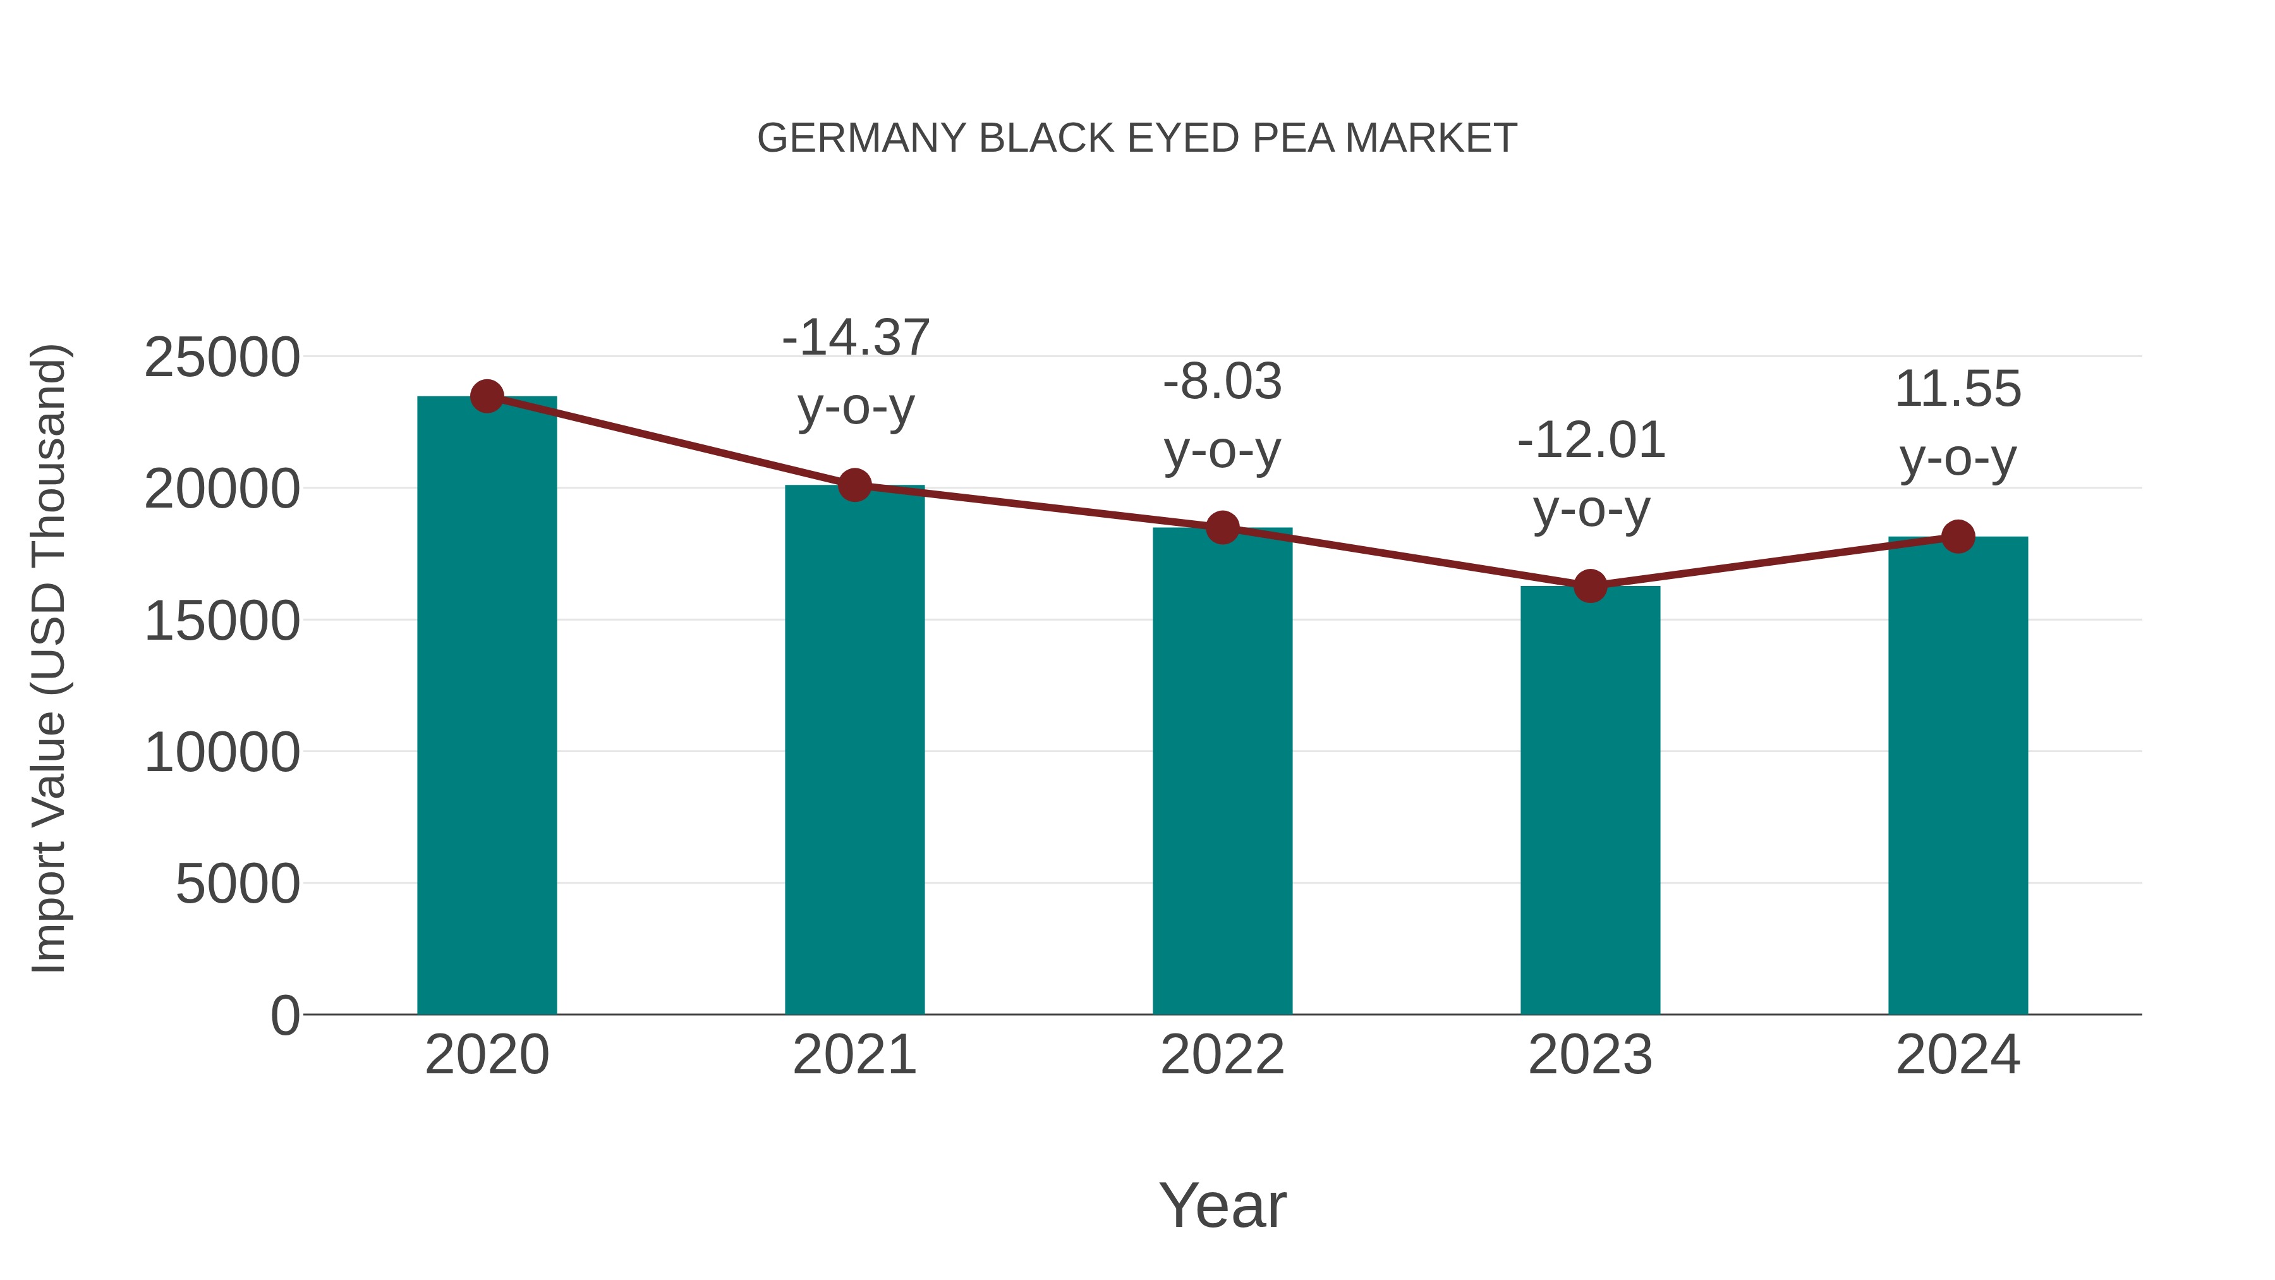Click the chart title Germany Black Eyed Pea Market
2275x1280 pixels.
1137,138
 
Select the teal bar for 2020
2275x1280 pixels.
487,707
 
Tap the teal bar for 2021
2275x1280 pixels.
854,751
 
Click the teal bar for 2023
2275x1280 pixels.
1590,800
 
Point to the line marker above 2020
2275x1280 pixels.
487,396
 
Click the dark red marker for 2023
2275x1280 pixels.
1590,586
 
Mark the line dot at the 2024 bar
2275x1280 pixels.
1958,536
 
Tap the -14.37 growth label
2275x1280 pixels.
856,338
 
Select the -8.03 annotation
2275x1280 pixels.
1222,382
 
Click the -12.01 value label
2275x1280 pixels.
1591,441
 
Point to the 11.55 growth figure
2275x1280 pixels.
1958,389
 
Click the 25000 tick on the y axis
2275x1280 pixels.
222,358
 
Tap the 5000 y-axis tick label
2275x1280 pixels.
238,884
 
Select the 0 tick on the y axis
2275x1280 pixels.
285,1015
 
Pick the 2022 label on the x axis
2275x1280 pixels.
1222,1055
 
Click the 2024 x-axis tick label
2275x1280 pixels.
1958,1055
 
